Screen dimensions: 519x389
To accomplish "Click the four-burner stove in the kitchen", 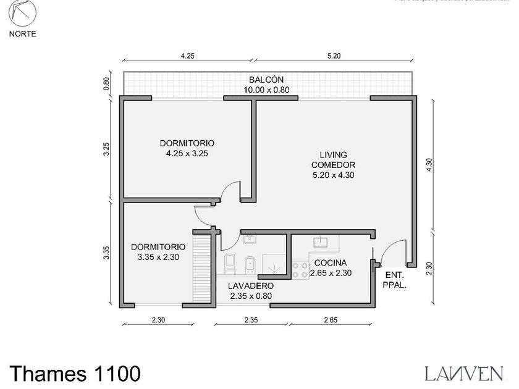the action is tap(301, 269).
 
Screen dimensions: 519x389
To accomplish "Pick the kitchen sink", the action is tap(322, 242).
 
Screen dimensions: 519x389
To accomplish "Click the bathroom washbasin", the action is tap(250, 239).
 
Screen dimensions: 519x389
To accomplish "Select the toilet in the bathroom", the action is tap(230, 264).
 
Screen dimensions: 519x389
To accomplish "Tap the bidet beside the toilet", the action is tap(250, 264).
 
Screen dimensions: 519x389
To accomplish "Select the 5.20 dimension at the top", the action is tap(333, 56).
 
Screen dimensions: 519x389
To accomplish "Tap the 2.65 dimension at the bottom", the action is tap(331, 320).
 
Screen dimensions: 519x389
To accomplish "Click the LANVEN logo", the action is tap(463, 372).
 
